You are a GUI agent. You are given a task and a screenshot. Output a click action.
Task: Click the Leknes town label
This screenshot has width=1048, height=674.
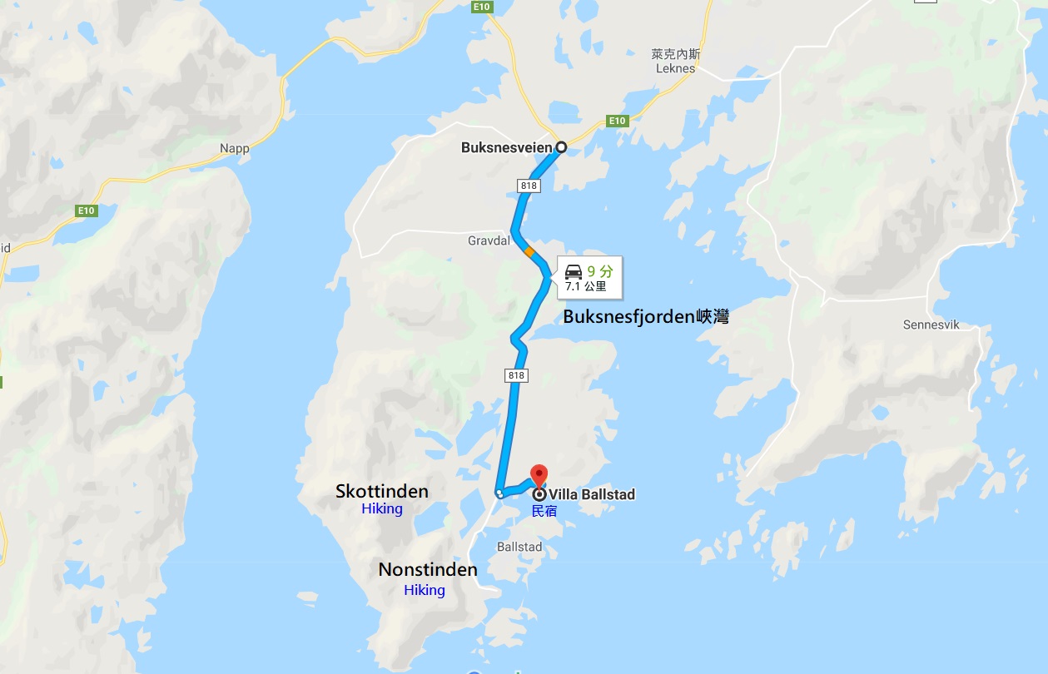pyautogui.click(x=675, y=68)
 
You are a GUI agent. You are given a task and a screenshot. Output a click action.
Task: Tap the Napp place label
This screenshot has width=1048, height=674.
pyautogui.click(x=235, y=149)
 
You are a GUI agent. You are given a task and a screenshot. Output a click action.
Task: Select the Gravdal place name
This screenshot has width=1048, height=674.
pyautogui.click(x=487, y=240)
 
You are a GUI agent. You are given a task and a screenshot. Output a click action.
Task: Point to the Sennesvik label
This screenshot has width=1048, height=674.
pyautogui.click(x=931, y=325)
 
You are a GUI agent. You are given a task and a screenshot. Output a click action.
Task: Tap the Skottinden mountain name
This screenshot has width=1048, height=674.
pyautogui.click(x=382, y=491)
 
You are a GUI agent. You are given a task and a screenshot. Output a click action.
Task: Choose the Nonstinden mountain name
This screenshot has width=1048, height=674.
pyautogui.click(x=428, y=570)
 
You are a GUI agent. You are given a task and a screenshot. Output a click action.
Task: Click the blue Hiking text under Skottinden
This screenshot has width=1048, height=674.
pyautogui.click(x=382, y=509)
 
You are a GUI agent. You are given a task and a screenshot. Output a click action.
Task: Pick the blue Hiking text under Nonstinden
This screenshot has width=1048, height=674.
pyautogui.click(x=425, y=590)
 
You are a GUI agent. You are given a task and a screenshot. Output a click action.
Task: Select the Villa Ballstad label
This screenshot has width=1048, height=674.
pyautogui.click(x=592, y=494)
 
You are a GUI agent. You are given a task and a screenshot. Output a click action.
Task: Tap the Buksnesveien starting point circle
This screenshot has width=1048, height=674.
pyautogui.click(x=561, y=147)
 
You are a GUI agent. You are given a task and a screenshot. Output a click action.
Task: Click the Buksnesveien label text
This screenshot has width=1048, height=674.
pyautogui.click(x=506, y=148)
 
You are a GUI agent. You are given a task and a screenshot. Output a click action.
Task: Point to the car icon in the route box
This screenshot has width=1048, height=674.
pyautogui.click(x=574, y=271)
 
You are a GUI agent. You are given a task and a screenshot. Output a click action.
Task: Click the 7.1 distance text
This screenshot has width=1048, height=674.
pyautogui.click(x=574, y=287)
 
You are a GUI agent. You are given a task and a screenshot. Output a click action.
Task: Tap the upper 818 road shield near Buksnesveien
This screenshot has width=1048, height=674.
pyautogui.click(x=528, y=186)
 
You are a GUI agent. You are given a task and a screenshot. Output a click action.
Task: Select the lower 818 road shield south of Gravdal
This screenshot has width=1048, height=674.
pyautogui.click(x=516, y=376)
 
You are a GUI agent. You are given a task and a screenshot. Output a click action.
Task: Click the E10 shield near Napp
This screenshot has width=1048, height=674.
pyautogui.click(x=87, y=211)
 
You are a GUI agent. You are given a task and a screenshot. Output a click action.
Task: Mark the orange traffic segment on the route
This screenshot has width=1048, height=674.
pyautogui.click(x=529, y=250)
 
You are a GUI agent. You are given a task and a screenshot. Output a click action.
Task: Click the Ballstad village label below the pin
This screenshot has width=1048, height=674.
pyautogui.click(x=519, y=547)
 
